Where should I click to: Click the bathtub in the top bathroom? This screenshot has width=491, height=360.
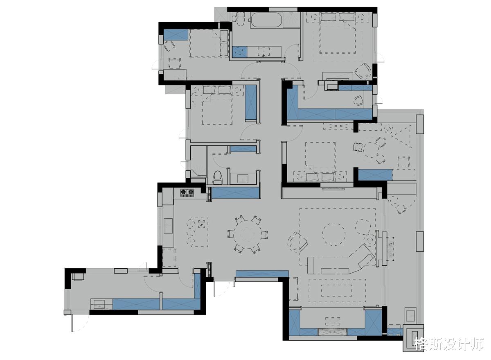266,20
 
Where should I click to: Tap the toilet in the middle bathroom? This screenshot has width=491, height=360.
217,177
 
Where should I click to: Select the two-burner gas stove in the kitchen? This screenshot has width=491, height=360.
187,192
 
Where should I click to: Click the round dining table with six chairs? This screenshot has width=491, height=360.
248,235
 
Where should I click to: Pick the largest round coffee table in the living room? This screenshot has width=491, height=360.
334,234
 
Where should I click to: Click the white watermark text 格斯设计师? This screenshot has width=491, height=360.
449,344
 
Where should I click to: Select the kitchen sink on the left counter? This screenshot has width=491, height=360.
168,226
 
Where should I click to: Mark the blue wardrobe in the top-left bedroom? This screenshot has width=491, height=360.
176,35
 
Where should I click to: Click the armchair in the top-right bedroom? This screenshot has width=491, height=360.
363,71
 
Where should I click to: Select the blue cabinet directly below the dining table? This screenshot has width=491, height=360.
262,274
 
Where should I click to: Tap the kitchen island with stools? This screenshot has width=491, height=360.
199,232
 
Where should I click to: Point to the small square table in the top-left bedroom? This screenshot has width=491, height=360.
175,63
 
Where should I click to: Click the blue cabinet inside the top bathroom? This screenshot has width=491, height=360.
240,52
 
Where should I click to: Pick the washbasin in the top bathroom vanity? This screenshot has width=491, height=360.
264,52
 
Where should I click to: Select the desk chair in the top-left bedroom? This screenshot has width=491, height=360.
169,46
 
